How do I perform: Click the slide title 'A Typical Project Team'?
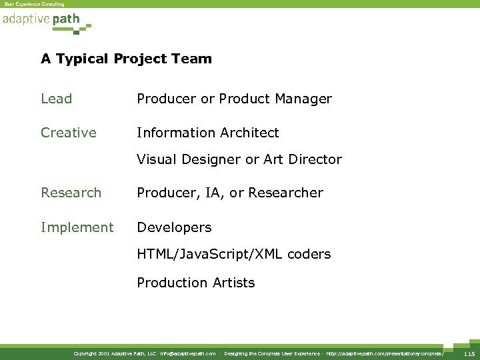[x=126, y=59]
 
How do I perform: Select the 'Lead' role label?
[x=56, y=99]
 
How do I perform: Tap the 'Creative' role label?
[x=68, y=133]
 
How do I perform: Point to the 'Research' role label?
[x=71, y=193]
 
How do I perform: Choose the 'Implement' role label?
[x=77, y=227]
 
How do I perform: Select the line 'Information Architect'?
[x=207, y=133]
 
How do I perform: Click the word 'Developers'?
[x=174, y=227]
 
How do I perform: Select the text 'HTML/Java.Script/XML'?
[x=211, y=254]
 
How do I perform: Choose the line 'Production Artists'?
[x=195, y=283]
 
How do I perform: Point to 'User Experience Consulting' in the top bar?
[x=34, y=4]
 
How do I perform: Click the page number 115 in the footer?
[x=469, y=353]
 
